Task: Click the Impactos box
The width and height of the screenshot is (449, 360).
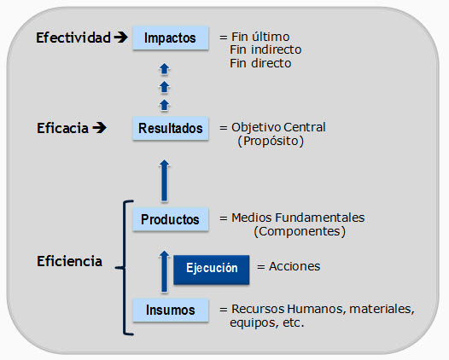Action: (x=171, y=38)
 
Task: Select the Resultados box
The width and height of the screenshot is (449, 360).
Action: (x=171, y=128)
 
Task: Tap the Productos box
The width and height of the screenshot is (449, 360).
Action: (x=171, y=219)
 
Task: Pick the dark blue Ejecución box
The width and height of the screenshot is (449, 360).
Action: (x=212, y=270)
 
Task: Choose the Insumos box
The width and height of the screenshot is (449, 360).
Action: (x=171, y=310)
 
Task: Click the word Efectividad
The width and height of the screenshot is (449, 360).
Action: (x=73, y=38)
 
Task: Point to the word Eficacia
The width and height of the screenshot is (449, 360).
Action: (x=62, y=128)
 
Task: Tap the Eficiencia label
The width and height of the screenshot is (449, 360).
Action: (x=70, y=261)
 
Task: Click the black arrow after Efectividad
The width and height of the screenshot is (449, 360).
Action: (x=120, y=38)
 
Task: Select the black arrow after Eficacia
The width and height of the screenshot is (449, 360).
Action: (x=99, y=128)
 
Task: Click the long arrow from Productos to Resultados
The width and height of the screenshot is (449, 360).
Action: (x=165, y=181)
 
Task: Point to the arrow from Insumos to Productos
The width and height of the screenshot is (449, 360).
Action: (x=165, y=271)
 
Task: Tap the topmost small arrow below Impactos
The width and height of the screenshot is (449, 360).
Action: (x=165, y=69)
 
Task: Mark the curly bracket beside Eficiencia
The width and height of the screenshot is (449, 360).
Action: (x=125, y=268)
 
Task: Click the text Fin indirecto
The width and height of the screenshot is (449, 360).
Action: (x=265, y=49)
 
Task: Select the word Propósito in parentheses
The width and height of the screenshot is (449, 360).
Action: (x=271, y=141)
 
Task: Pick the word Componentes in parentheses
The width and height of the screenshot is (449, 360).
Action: (x=300, y=231)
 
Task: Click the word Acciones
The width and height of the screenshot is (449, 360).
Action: (x=294, y=266)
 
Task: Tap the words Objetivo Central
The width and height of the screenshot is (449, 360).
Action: (x=278, y=127)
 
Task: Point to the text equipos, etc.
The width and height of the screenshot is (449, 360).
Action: (x=266, y=322)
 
